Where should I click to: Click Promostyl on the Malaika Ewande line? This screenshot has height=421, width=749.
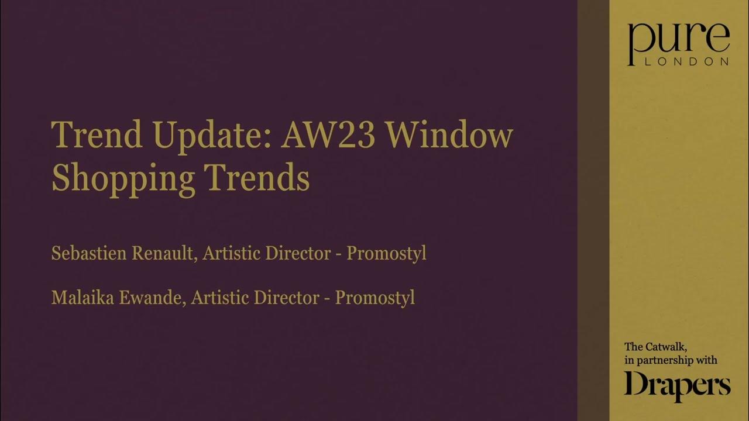click(374, 297)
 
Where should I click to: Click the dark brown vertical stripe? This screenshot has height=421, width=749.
click(593, 210)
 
